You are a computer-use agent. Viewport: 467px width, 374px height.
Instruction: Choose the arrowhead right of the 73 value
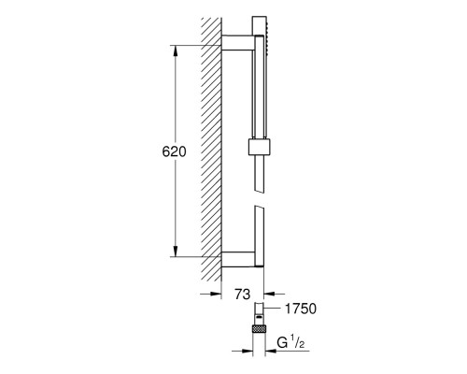point(272,295)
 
